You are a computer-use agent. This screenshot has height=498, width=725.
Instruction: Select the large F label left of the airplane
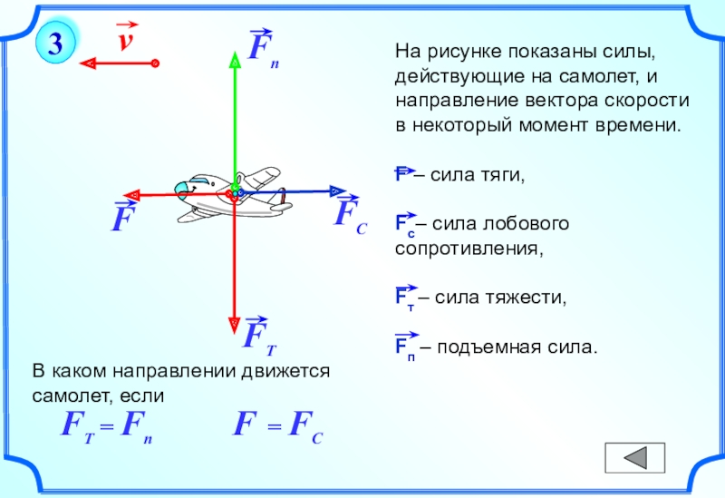click(x=120, y=219)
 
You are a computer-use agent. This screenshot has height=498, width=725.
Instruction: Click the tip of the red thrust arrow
click(x=130, y=194)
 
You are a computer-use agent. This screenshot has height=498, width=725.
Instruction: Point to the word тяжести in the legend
click(x=532, y=297)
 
